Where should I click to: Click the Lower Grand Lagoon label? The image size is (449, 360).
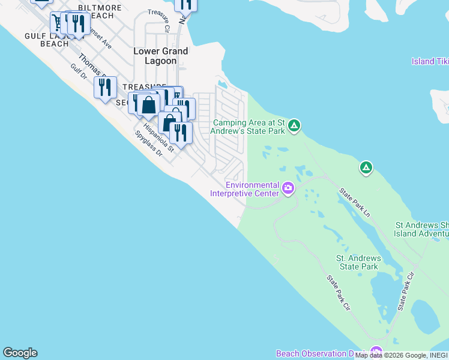[x=160, y=56]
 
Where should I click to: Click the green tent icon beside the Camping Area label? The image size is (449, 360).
[x=294, y=125]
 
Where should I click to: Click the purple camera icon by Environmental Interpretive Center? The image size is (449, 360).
[x=288, y=189]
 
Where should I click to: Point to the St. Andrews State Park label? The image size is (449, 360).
[x=358, y=262]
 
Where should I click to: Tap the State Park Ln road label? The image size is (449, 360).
[x=355, y=202]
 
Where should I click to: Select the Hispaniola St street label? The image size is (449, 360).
[x=163, y=137]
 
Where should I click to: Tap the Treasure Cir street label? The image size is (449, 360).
[x=159, y=20]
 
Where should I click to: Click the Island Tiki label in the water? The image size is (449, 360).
[x=430, y=61]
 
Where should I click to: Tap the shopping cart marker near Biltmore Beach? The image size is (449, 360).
[x=58, y=22]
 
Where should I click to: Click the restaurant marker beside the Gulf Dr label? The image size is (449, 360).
[x=105, y=88]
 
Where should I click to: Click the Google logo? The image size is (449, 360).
[x=20, y=353]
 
